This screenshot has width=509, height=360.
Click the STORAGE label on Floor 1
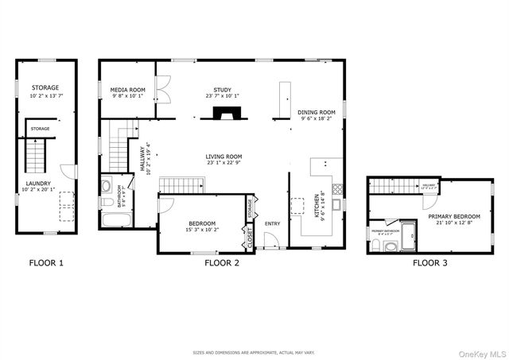46,87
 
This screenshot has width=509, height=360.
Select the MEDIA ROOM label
127,91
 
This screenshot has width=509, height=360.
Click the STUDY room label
222,90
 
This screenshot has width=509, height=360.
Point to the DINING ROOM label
317,112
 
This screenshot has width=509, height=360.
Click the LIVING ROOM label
223,157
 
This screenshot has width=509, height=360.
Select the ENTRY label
272,223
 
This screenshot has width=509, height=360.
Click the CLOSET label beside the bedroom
251,237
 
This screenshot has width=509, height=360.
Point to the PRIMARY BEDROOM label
453,216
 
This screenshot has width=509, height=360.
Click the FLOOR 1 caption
46,262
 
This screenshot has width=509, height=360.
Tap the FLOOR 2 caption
222,262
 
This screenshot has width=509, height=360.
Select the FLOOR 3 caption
429,262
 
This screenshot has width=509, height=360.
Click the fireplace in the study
222,113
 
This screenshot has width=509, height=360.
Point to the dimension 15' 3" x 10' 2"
204,230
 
